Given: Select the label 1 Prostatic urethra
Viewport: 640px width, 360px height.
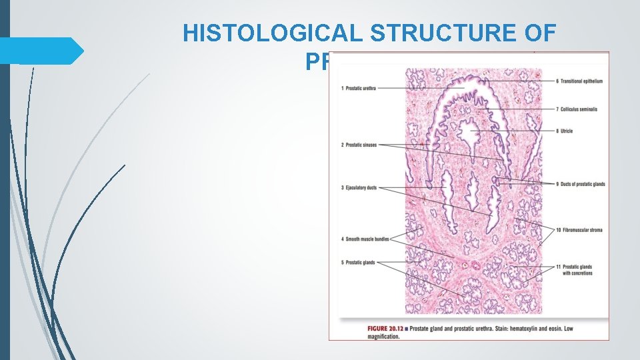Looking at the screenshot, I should tap(359, 89).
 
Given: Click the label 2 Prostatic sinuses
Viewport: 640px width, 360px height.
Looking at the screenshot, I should tap(361, 145).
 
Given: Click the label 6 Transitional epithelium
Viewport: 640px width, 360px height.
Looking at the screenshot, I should tap(579, 81).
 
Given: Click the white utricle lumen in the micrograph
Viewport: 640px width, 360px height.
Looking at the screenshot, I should tap(471, 128).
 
